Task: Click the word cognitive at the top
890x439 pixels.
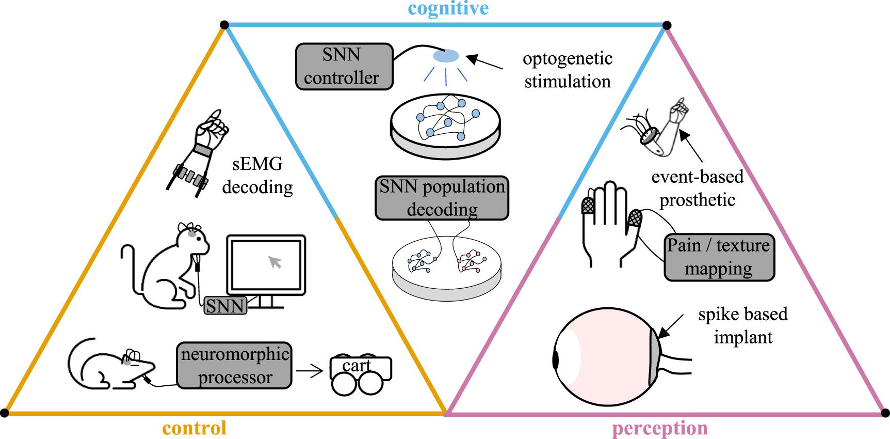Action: (448, 8)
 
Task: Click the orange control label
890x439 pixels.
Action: (194, 428)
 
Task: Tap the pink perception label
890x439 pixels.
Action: (659, 428)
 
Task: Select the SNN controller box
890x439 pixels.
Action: (344, 67)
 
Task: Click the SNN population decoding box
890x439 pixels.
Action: (442, 198)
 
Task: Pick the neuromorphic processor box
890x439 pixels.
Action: (234, 366)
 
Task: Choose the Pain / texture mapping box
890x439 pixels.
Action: (719, 257)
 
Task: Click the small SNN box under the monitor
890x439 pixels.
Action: (225, 306)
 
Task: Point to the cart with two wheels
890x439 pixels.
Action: (360, 373)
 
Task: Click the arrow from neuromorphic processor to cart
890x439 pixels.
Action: (309, 370)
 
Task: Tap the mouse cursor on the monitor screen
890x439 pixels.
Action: (275, 262)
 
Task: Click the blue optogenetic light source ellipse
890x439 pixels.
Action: (446, 56)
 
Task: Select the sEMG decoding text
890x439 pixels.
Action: (257, 176)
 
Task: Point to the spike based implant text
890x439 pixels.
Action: (743, 325)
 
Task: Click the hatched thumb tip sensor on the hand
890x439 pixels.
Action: (635, 217)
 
